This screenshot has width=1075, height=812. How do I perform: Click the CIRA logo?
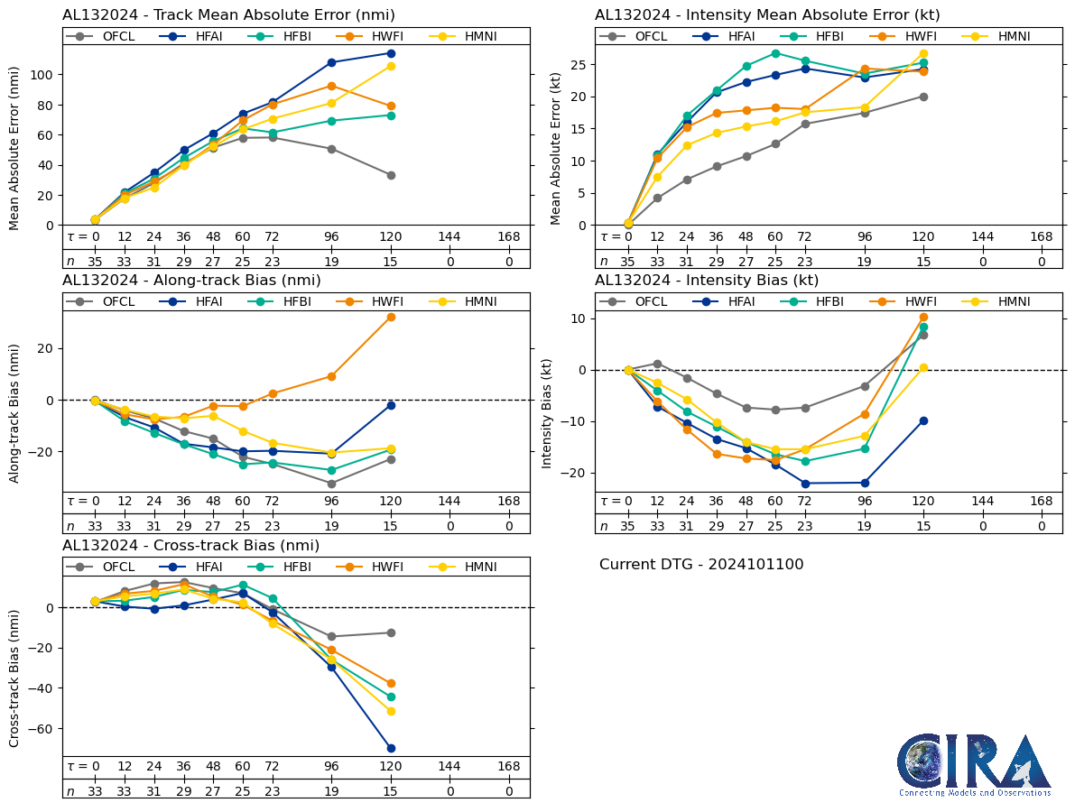(x=974, y=765)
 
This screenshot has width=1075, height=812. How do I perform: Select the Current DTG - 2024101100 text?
(x=701, y=565)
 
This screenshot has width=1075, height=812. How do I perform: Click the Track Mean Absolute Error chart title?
(x=228, y=15)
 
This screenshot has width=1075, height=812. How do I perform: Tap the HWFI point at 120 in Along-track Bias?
(x=391, y=317)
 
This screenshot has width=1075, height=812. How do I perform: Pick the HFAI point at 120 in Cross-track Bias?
(x=391, y=748)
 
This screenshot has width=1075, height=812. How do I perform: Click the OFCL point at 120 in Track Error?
(x=391, y=175)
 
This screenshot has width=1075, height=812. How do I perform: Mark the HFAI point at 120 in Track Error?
(x=391, y=53)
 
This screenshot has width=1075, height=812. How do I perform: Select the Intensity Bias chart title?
(x=707, y=281)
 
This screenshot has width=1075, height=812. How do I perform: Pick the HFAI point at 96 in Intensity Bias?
(x=865, y=483)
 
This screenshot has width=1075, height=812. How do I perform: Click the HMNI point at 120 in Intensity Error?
(x=923, y=53)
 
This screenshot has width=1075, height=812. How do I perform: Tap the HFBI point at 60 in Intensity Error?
(x=775, y=53)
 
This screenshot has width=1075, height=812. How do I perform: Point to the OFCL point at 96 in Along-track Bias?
(x=331, y=484)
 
